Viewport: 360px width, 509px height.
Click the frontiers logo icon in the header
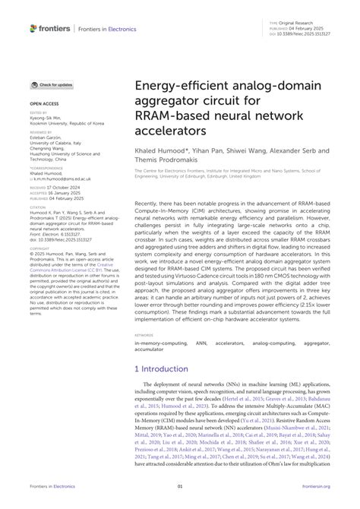tap(33, 28)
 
